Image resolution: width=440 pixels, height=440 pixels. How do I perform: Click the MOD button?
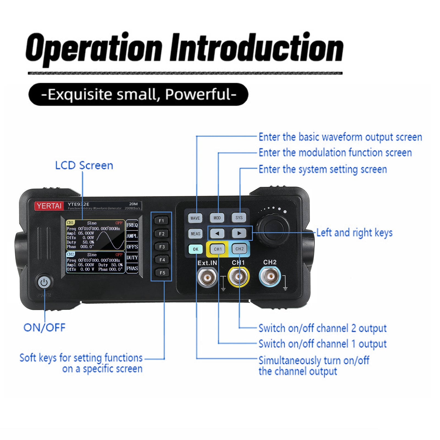pyautogui.click(x=217, y=218)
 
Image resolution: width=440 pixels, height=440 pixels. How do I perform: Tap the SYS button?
pyautogui.click(x=239, y=218)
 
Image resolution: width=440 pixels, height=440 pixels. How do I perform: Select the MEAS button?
pyautogui.click(x=195, y=234)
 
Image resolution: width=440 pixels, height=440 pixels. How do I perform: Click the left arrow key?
pyautogui.click(x=217, y=234)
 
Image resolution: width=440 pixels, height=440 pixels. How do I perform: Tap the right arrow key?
pyautogui.click(x=239, y=233)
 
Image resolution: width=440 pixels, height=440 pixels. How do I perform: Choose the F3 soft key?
pyautogui.click(x=162, y=247)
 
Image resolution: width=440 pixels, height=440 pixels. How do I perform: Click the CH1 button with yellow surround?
pyautogui.click(x=218, y=249)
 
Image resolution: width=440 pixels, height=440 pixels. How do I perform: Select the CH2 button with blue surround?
pyautogui.click(x=239, y=249)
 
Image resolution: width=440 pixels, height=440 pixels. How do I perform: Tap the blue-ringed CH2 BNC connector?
pyautogui.click(x=270, y=276)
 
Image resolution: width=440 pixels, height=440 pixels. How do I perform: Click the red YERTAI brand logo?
pyautogui.click(x=49, y=206)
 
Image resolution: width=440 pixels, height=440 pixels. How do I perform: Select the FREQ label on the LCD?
pyautogui.click(x=132, y=225)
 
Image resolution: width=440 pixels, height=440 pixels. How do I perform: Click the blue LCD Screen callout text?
pyautogui.click(x=84, y=165)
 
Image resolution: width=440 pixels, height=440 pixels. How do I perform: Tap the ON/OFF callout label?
pyautogui.click(x=45, y=328)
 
